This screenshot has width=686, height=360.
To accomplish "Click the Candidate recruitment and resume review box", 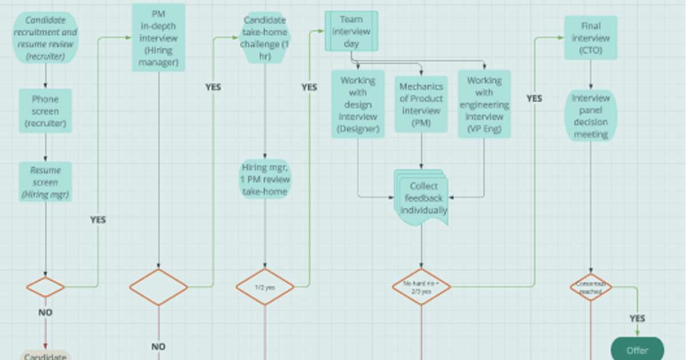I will [x=45, y=38].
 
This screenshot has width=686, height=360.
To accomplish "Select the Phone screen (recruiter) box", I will [x=45, y=111].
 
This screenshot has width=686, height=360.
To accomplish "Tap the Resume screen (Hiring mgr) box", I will [x=45, y=182].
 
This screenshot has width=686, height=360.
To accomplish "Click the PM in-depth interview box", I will [x=158, y=38].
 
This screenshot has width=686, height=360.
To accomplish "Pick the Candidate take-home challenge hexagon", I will [x=265, y=38].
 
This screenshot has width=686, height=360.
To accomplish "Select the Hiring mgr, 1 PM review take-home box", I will [x=265, y=179].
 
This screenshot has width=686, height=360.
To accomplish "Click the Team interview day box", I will [x=352, y=31].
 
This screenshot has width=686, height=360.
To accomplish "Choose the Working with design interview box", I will [x=358, y=105].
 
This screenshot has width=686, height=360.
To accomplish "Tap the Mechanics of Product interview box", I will [x=421, y=105].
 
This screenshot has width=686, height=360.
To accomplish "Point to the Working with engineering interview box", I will [x=484, y=105].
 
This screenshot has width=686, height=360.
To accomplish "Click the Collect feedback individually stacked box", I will [x=422, y=198].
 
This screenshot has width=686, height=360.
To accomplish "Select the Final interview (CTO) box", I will [x=591, y=38].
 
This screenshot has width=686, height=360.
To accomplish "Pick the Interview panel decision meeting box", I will [x=591, y=116].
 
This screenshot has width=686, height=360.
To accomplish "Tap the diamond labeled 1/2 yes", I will [x=265, y=287].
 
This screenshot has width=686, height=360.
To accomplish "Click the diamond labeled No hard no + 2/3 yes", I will [x=421, y=287].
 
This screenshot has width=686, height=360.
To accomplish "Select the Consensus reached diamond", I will [x=591, y=287].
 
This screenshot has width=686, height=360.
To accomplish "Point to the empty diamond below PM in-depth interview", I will [x=158, y=287].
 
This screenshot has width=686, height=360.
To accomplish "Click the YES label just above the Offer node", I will [x=637, y=318].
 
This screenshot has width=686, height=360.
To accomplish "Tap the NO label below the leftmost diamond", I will [x=45, y=313].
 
